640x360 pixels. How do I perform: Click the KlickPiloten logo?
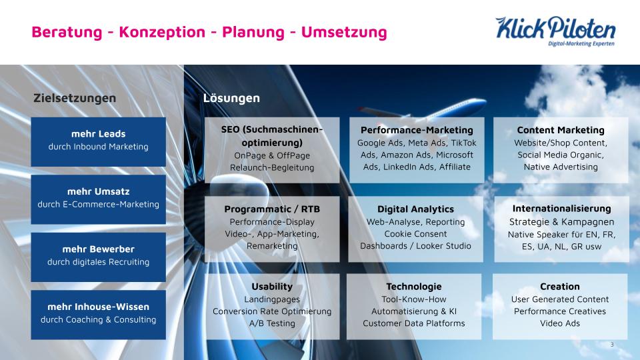coord(555,31)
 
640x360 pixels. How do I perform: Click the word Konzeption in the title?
coord(162,32)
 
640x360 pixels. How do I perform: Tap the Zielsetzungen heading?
coord(75,98)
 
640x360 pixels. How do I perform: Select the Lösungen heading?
coord(231,98)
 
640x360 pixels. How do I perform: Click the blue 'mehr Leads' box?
coord(99,141)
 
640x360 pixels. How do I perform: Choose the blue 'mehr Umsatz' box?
coord(99,199)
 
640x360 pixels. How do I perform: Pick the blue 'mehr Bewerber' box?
coord(99,257)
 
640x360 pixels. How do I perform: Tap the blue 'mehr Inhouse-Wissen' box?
coord(99,315)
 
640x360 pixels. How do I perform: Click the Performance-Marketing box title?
coord(417,130)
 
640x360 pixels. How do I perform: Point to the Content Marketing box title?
coord(561,130)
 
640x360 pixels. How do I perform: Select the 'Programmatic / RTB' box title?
coord(272,209)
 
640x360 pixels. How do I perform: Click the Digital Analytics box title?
coord(415,209)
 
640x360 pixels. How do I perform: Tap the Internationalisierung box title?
coord(561,209)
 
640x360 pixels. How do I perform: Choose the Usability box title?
coord(272,287)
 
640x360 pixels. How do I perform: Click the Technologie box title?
coord(414,287)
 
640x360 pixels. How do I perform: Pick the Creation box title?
coord(559,287)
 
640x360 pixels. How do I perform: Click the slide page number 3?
coord(612,345)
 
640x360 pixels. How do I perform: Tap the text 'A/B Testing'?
coord(272,323)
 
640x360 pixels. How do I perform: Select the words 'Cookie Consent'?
coord(415,234)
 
